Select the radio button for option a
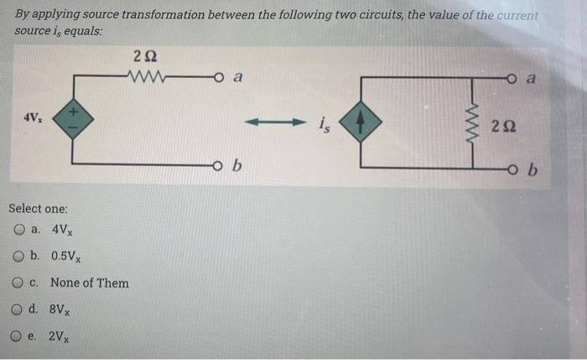click(18, 230)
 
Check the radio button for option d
click(18, 309)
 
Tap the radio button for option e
click(18, 337)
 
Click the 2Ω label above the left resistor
click(144, 56)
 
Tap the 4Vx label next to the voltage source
click(34, 115)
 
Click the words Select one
click(39, 208)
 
